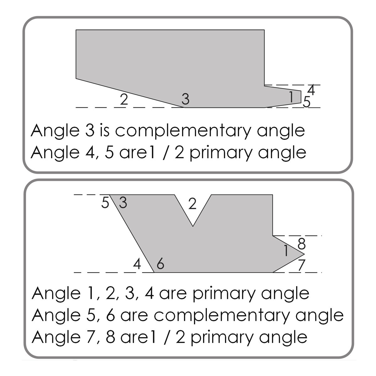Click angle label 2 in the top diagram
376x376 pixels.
coord(124,99)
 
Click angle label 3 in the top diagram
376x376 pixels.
coord(185,99)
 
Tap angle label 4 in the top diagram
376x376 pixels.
coord(311,90)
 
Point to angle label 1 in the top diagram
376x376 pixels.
coord(291,97)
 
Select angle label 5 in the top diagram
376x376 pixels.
coord(306,102)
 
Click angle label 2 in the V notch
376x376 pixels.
coord(192,204)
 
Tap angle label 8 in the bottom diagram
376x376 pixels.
coord(302,244)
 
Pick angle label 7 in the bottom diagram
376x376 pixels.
coord(302,265)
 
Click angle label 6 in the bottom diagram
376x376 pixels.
coord(160,264)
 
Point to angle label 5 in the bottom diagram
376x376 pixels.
coord(105,203)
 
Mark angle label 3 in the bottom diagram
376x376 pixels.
coord(123,203)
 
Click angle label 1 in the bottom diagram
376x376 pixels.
coord(286,251)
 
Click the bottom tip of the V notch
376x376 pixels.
coord(193,226)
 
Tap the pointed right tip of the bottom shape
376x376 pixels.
coord(304,254)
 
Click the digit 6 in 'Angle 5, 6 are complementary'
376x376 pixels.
coord(110,315)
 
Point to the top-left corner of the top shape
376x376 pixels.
coord(76,30)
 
